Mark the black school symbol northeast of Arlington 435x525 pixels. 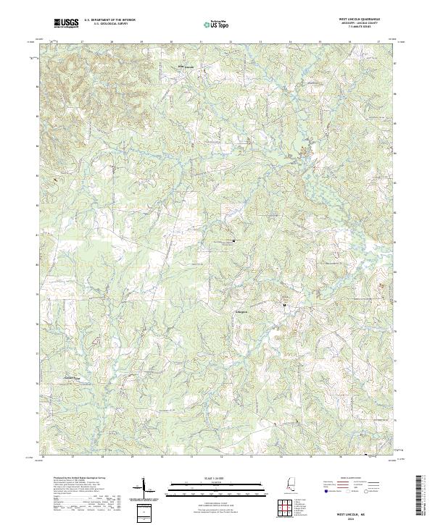point(284,305)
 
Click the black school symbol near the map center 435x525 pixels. point(233,240)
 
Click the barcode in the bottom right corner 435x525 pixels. point(420,497)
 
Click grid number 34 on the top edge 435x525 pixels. point(290,42)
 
